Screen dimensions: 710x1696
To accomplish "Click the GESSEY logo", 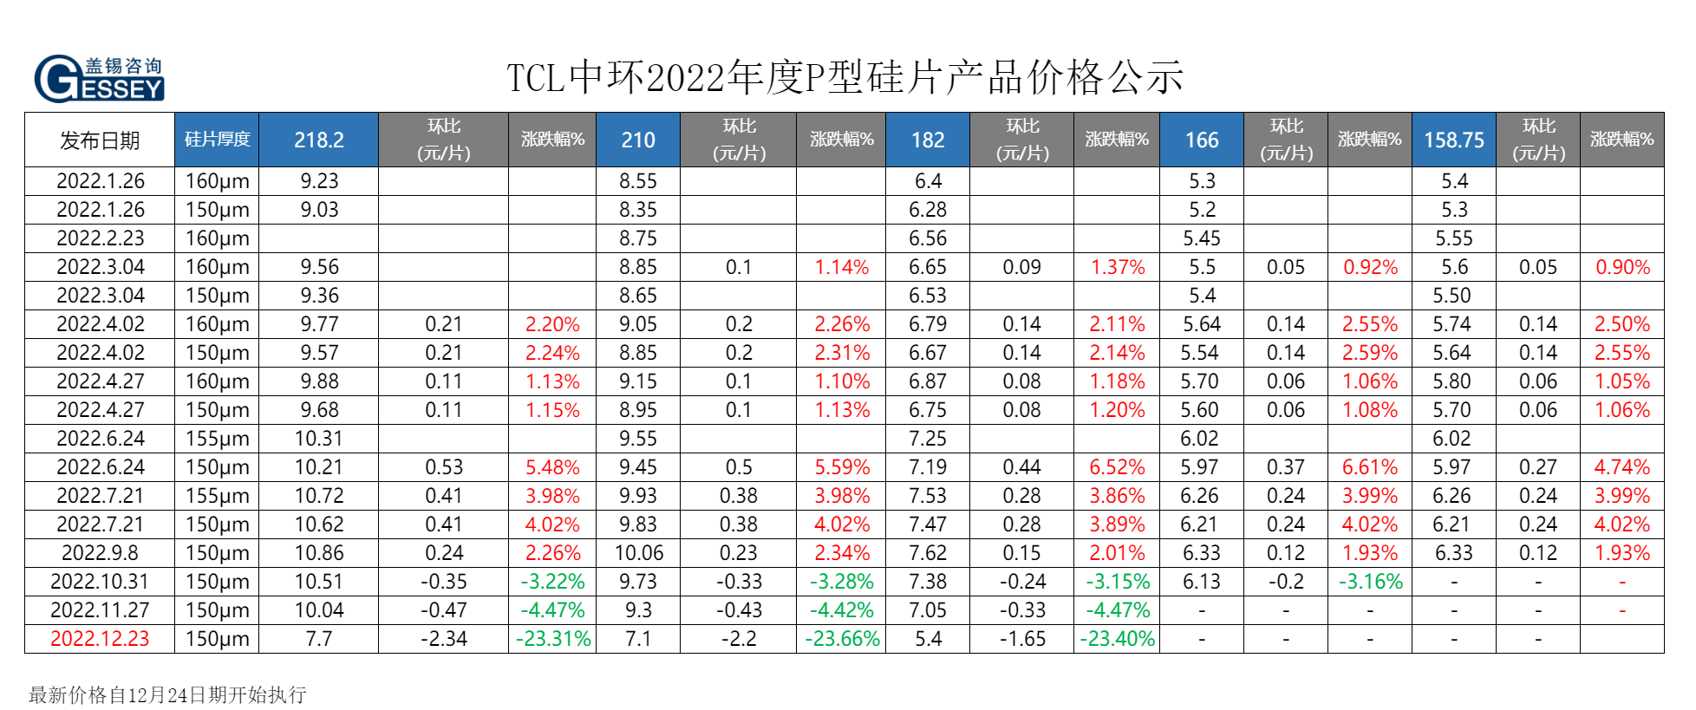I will [x=99, y=78].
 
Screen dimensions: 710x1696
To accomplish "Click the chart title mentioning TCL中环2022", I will [x=845, y=78].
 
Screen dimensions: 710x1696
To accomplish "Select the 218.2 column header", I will [x=318, y=140].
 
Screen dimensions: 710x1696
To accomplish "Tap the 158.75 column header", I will [x=1453, y=140].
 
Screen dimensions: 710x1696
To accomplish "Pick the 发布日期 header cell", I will [x=100, y=140].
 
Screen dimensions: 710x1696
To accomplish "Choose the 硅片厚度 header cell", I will [x=217, y=140].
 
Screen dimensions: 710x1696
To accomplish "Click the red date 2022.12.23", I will [x=100, y=639].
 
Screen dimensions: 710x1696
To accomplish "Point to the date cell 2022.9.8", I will [x=100, y=553].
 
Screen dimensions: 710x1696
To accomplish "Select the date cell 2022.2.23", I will [x=100, y=238].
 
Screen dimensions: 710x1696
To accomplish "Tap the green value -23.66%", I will [x=842, y=639].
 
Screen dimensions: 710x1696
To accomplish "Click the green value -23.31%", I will [x=552, y=639].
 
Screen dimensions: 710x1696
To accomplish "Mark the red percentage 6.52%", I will [x=1117, y=467].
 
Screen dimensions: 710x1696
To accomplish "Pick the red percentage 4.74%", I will [x=1621, y=467].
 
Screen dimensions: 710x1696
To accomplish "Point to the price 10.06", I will [x=638, y=553].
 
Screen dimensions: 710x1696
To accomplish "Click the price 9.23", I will [x=318, y=181].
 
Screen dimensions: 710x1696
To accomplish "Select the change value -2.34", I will [x=443, y=639].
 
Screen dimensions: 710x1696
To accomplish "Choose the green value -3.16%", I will [x=1370, y=582].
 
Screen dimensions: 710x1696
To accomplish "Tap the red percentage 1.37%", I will [x=1117, y=267].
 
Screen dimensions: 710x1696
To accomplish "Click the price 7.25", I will [x=927, y=439].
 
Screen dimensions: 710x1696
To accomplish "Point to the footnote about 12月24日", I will [x=167, y=694].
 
